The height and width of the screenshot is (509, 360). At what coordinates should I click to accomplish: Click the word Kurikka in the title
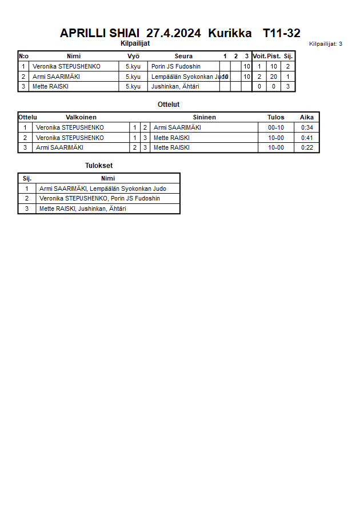click(230, 33)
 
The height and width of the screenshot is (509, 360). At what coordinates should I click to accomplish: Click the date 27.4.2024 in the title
click(173, 33)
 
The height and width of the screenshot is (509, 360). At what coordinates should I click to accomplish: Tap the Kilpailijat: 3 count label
click(325, 43)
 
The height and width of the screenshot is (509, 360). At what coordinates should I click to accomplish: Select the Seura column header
click(183, 56)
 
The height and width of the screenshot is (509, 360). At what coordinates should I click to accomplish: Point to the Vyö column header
click(133, 56)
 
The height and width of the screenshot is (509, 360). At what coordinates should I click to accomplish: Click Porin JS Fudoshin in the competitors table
click(175, 66)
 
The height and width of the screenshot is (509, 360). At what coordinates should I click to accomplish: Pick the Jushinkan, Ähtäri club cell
click(174, 87)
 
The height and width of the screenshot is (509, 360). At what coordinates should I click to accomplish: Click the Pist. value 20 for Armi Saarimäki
click(274, 77)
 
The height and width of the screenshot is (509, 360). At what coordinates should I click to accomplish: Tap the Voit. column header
click(259, 56)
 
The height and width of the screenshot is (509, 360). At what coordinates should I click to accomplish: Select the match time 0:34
click(307, 127)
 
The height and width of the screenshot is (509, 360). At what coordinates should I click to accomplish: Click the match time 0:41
click(307, 138)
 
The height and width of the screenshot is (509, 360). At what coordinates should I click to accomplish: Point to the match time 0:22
click(307, 147)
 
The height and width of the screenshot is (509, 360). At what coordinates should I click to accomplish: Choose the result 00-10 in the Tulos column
click(276, 127)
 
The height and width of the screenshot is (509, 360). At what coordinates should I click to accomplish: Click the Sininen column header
click(204, 117)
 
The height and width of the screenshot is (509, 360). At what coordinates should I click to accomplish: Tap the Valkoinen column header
click(81, 117)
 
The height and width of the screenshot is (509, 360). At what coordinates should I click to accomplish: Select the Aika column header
click(307, 117)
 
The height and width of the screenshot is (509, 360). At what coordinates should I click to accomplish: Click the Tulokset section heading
click(99, 166)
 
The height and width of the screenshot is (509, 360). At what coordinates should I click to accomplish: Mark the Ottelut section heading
click(169, 105)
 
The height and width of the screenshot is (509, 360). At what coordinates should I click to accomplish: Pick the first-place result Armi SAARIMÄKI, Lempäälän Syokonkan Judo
click(102, 189)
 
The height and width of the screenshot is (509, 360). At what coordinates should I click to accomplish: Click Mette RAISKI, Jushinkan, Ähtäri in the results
click(82, 209)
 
